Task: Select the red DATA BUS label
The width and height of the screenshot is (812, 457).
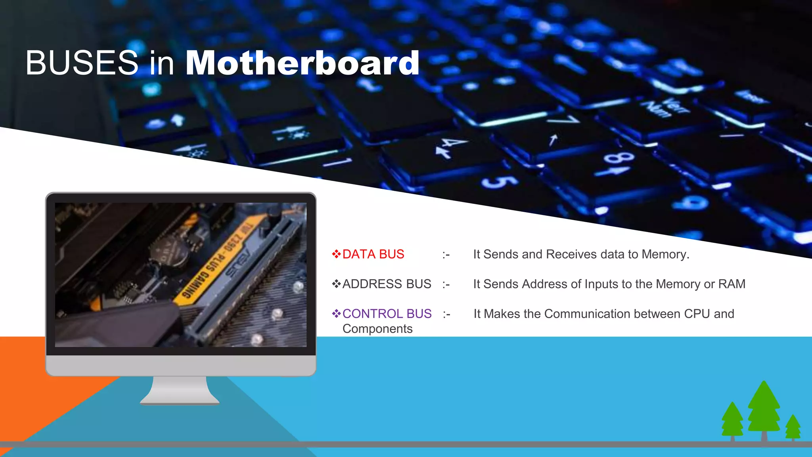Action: [373, 254]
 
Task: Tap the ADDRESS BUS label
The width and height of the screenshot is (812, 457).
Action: [387, 284]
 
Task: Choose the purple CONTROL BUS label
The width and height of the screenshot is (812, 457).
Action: [387, 314]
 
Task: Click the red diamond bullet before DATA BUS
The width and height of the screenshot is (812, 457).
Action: [336, 254]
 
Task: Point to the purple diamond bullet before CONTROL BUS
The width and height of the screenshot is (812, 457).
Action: [336, 314]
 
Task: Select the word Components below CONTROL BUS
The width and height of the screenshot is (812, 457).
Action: [377, 329]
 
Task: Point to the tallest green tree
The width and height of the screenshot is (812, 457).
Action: [764, 409]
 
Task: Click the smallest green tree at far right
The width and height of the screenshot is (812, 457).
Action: [793, 426]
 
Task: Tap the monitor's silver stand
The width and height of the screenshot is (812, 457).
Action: [180, 391]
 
